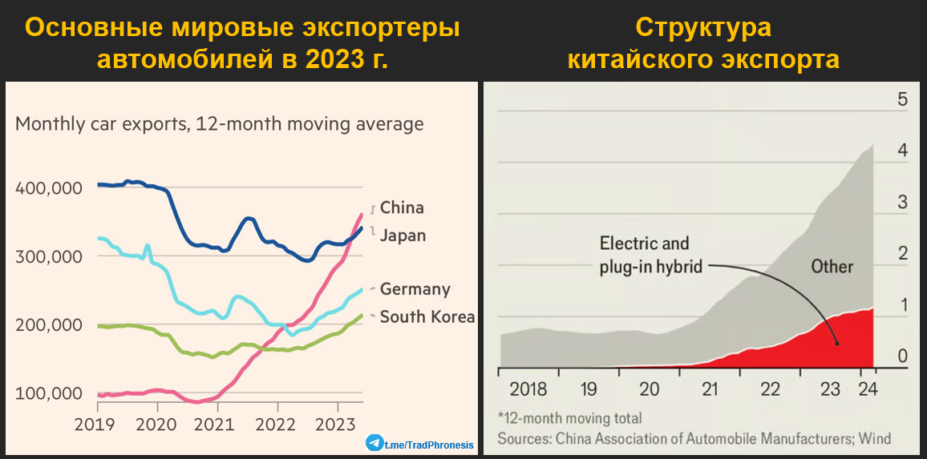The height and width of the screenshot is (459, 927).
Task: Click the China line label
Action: click(401, 207)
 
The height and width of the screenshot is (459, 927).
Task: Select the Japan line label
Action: click(403, 236)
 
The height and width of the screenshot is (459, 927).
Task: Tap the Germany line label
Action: click(415, 289)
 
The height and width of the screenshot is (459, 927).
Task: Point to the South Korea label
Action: click(427, 317)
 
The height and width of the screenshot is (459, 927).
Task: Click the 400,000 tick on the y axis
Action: click(49, 188)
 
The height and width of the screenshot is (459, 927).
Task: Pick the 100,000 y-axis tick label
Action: click(49, 393)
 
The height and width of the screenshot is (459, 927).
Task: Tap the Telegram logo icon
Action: click(374, 443)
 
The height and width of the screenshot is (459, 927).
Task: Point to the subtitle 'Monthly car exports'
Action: click(219, 124)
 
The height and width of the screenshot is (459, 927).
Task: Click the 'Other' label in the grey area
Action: click(832, 266)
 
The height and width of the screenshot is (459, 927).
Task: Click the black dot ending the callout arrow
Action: click(836, 344)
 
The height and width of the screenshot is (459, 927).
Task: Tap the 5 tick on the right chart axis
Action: click(902, 99)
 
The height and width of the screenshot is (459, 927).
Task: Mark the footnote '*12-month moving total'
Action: click(569, 418)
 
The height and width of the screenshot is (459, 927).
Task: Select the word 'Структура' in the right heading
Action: click(703, 27)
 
